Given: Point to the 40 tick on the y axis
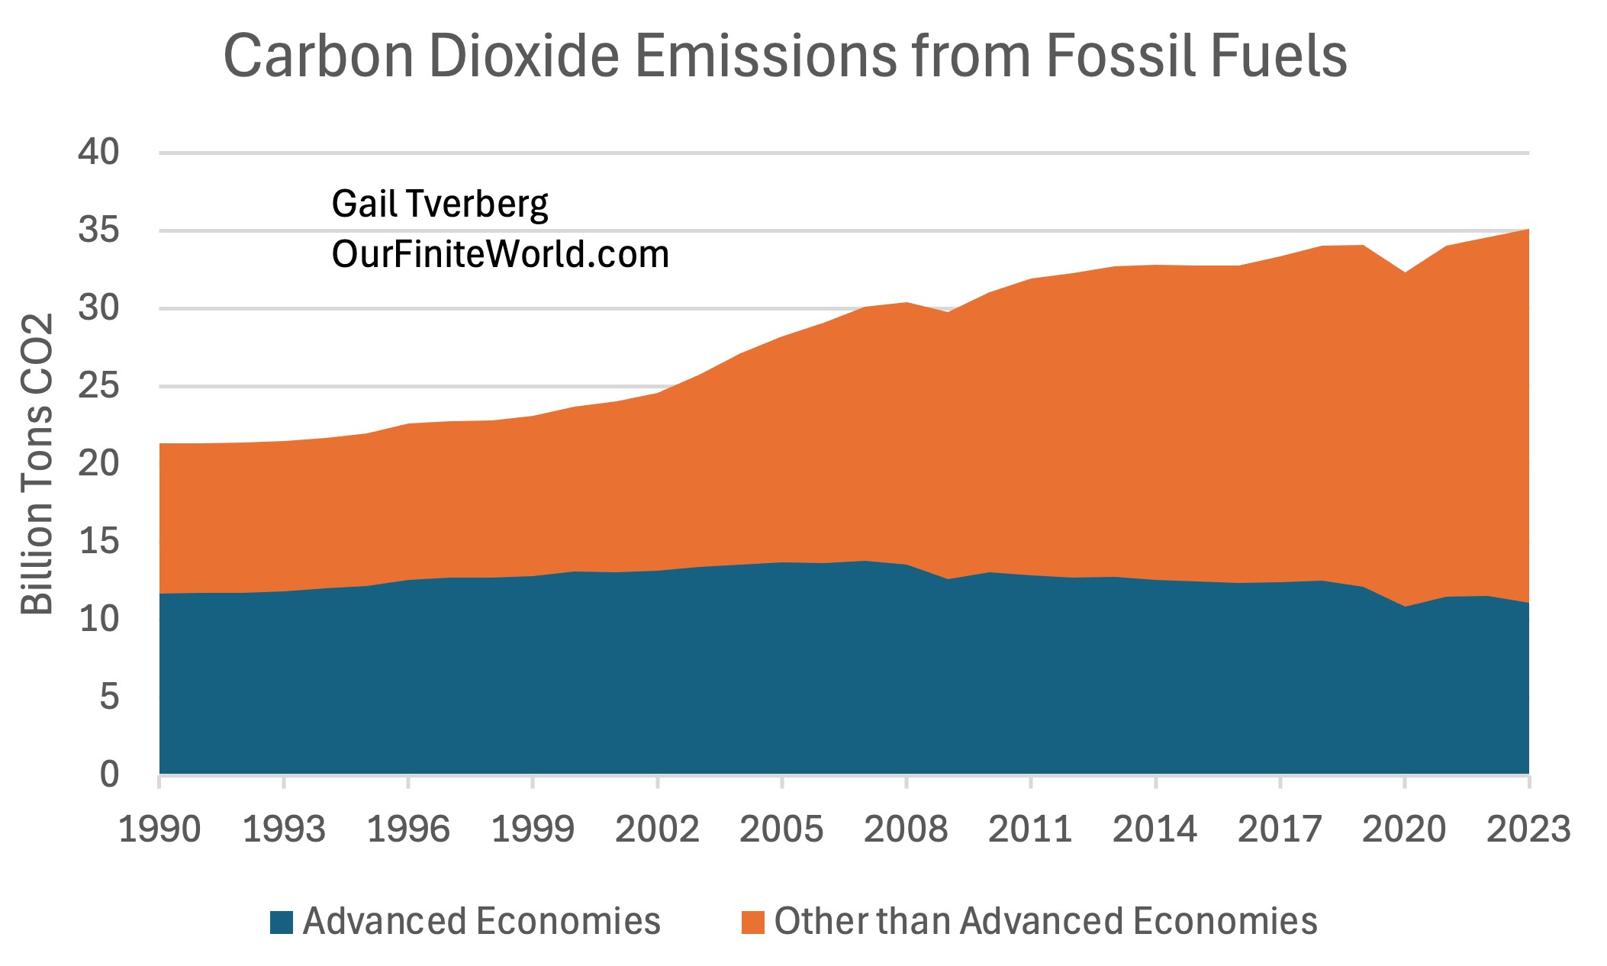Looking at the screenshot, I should [99, 153].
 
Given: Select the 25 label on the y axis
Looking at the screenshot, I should [99, 386].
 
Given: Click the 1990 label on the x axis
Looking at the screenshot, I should [159, 829].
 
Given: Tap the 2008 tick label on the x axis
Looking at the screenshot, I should [906, 829].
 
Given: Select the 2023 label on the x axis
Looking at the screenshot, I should [1528, 829].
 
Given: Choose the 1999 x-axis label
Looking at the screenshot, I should [533, 829].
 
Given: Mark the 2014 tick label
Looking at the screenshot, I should [1155, 829].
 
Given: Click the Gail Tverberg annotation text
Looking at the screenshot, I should [440, 204].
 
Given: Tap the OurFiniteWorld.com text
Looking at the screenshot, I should [500, 254].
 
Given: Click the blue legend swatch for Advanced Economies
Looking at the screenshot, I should [282, 923].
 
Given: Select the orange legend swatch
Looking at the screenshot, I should [752, 923].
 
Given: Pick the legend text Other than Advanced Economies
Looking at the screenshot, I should [1045, 922].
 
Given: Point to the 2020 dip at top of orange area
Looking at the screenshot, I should [1404, 273].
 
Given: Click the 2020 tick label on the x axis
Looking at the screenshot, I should [1404, 829].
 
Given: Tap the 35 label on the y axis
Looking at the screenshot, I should [99, 230].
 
